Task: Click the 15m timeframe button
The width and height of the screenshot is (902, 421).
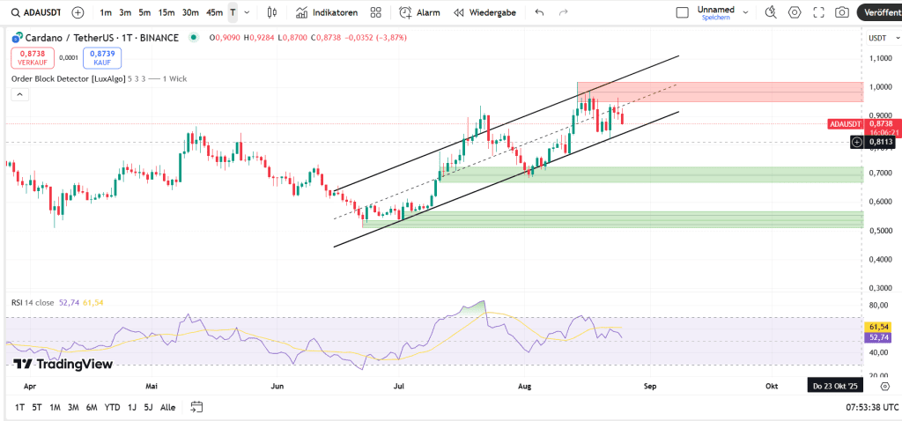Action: (166, 12)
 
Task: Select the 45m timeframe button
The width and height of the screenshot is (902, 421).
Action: (214, 12)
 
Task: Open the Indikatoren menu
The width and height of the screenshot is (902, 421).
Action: (327, 12)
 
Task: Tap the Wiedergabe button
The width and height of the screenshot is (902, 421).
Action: (486, 12)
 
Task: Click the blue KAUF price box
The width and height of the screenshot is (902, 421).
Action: (102, 58)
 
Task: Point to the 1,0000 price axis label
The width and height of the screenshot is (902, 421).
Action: (879, 86)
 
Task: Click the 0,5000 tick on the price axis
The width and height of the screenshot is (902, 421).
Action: (879, 231)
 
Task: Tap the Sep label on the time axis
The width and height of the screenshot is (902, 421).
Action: (650, 386)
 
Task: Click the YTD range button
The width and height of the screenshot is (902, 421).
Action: (112, 407)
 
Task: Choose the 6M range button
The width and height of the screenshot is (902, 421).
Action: (92, 407)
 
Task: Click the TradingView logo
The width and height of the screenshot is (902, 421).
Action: (63, 364)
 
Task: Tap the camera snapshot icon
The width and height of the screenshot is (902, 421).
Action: (842, 12)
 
